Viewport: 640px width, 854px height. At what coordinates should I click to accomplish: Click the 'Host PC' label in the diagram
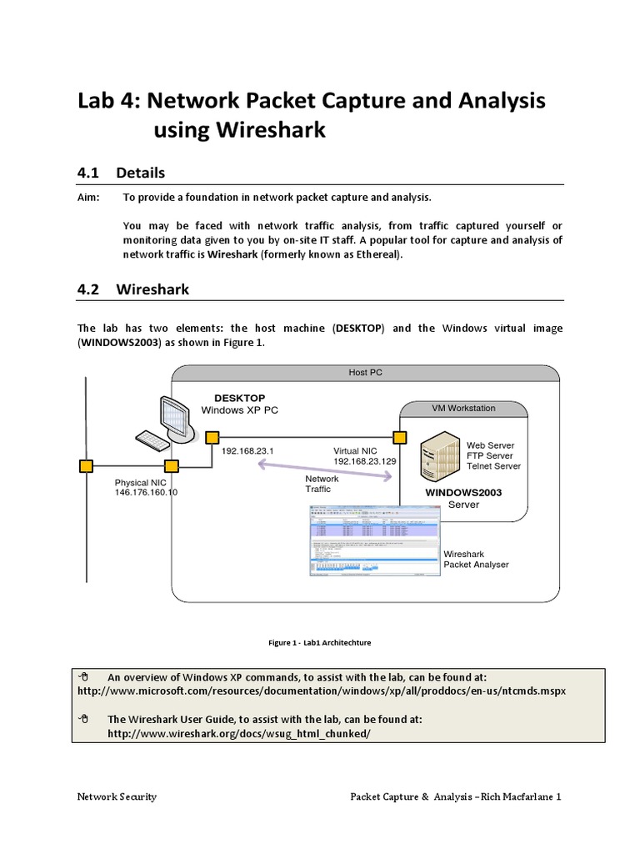365,373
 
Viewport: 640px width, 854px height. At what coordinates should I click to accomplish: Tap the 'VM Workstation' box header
463,409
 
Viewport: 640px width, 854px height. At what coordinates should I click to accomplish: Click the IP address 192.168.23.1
247,450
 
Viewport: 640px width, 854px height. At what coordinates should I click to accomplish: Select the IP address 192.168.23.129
364,461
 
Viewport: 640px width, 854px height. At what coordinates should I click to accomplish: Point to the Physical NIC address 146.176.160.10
146,493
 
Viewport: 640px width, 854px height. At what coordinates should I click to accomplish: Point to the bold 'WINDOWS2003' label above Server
464,493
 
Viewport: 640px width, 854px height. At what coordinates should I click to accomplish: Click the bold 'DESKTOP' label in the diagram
240,398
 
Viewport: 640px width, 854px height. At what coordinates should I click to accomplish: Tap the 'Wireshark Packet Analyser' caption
476,559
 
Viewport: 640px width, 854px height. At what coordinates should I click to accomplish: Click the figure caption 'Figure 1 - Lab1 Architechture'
320,643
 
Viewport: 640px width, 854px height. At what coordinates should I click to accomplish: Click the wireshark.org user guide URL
238,733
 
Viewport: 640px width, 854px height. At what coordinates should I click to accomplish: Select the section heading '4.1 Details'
121,173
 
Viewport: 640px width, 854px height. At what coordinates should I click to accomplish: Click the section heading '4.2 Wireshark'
132,289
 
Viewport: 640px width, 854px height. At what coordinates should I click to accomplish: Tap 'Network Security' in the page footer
117,796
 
